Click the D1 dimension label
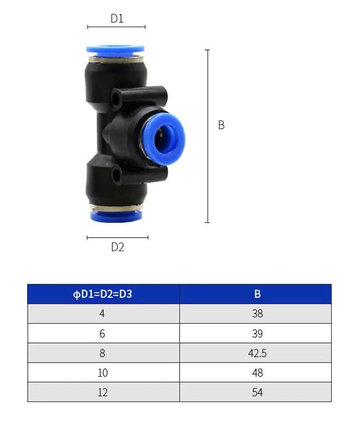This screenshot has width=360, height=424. click(x=117, y=18)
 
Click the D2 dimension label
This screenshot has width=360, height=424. click(x=117, y=247)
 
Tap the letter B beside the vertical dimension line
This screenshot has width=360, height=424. click(x=221, y=125)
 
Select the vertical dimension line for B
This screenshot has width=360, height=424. click(x=207, y=136)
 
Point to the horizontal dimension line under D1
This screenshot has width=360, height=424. click(x=116, y=27)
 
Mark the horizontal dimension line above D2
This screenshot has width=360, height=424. click(x=117, y=238)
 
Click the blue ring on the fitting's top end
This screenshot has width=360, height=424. click(x=115, y=51)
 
